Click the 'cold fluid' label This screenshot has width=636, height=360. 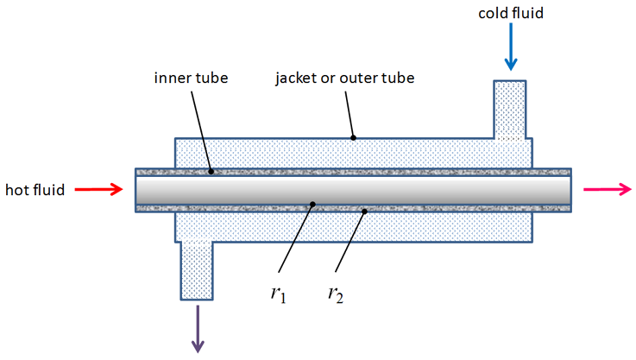point(511,14)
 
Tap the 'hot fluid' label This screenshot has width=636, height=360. point(35,190)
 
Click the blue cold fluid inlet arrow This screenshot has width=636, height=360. point(511,48)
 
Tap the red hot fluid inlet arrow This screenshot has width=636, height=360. point(101,190)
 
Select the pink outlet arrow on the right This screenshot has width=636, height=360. point(601,190)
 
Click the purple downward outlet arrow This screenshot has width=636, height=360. point(198,327)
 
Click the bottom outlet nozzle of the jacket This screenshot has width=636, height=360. point(198,268)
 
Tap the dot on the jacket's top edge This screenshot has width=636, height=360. point(353,137)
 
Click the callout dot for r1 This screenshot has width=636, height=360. point(312,205)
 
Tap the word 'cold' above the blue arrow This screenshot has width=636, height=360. point(495,14)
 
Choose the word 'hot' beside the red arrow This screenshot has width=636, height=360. point(17,190)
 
